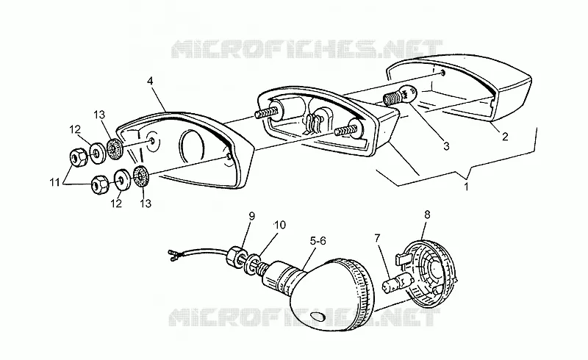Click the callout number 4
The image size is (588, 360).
[x=150, y=81]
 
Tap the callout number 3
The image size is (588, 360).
[x=446, y=146]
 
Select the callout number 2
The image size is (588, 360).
[x=505, y=137]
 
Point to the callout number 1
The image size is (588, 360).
[x=467, y=187]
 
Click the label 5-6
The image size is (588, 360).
[x=318, y=241]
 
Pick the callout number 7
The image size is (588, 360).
[x=377, y=238]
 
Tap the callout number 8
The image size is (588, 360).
[x=427, y=215]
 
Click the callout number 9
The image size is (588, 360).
[x=251, y=216]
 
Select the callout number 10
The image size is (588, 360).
[x=280, y=225]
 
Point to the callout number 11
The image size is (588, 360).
[x=55, y=183]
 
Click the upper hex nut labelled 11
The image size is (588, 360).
[x=79, y=158]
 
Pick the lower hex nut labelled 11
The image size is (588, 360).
[x=100, y=184]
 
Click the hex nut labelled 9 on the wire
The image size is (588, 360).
[x=235, y=257]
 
